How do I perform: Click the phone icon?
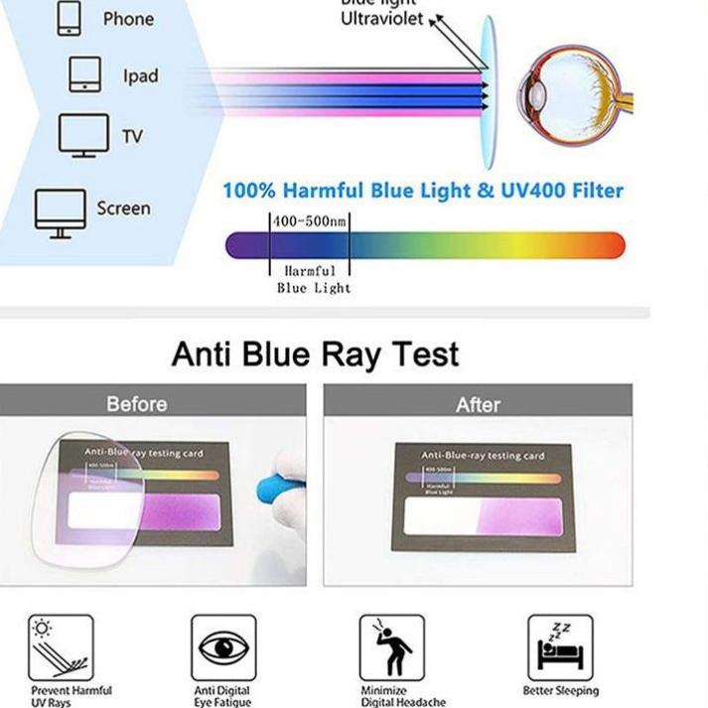tap(69, 18)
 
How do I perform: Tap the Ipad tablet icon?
tap(84, 75)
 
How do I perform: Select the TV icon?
tap(82, 135)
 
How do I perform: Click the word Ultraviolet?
tap(381, 19)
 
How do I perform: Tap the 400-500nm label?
tap(310, 220)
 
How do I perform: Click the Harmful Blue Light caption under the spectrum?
tap(312, 279)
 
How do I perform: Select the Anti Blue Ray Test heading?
tap(316, 354)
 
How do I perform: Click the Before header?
tap(136, 404)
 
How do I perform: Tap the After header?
tap(478, 404)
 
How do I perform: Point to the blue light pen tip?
tap(269, 488)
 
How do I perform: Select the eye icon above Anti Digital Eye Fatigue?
tap(223, 646)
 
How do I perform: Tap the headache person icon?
tap(391, 646)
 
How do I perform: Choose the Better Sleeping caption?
tap(561, 690)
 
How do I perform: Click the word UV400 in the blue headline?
tap(537, 190)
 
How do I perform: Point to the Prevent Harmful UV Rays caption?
tap(71, 696)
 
